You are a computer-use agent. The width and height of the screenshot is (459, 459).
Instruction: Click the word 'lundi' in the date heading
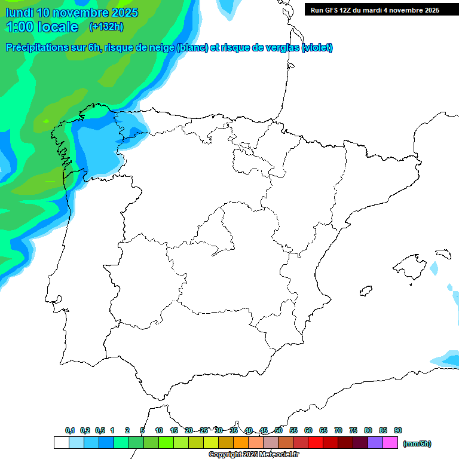(x=19, y=13)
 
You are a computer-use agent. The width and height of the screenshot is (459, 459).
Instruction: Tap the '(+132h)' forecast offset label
(x=106, y=26)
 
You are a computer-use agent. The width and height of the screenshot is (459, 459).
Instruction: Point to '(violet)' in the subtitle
(x=317, y=48)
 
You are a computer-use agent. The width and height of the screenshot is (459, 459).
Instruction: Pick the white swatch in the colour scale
(x=61, y=443)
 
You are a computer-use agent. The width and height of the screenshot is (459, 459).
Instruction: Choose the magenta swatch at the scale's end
(x=390, y=443)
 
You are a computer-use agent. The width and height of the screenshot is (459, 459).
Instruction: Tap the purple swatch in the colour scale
(x=375, y=443)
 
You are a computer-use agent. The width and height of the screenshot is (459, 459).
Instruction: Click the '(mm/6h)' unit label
(x=417, y=443)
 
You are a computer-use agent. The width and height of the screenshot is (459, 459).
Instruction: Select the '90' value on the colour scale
(x=398, y=430)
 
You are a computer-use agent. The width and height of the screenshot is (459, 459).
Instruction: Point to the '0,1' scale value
(x=70, y=430)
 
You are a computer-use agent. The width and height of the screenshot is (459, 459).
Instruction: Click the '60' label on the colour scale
(x=308, y=430)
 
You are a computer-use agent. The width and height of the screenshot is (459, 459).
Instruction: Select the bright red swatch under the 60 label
(x=316, y=443)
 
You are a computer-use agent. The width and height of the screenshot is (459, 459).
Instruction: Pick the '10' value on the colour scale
(x=159, y=430)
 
